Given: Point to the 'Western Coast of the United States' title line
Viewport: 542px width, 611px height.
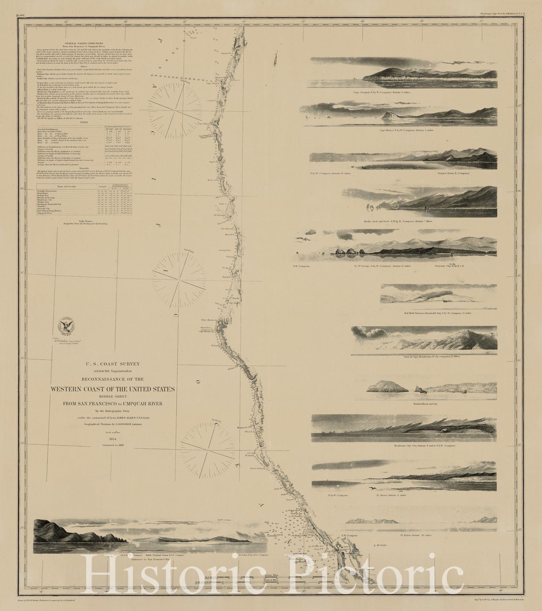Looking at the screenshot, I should point(113,389).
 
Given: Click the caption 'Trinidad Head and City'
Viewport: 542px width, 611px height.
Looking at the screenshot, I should point(425,403).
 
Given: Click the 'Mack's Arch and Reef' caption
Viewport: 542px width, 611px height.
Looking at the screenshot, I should point(403,221).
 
